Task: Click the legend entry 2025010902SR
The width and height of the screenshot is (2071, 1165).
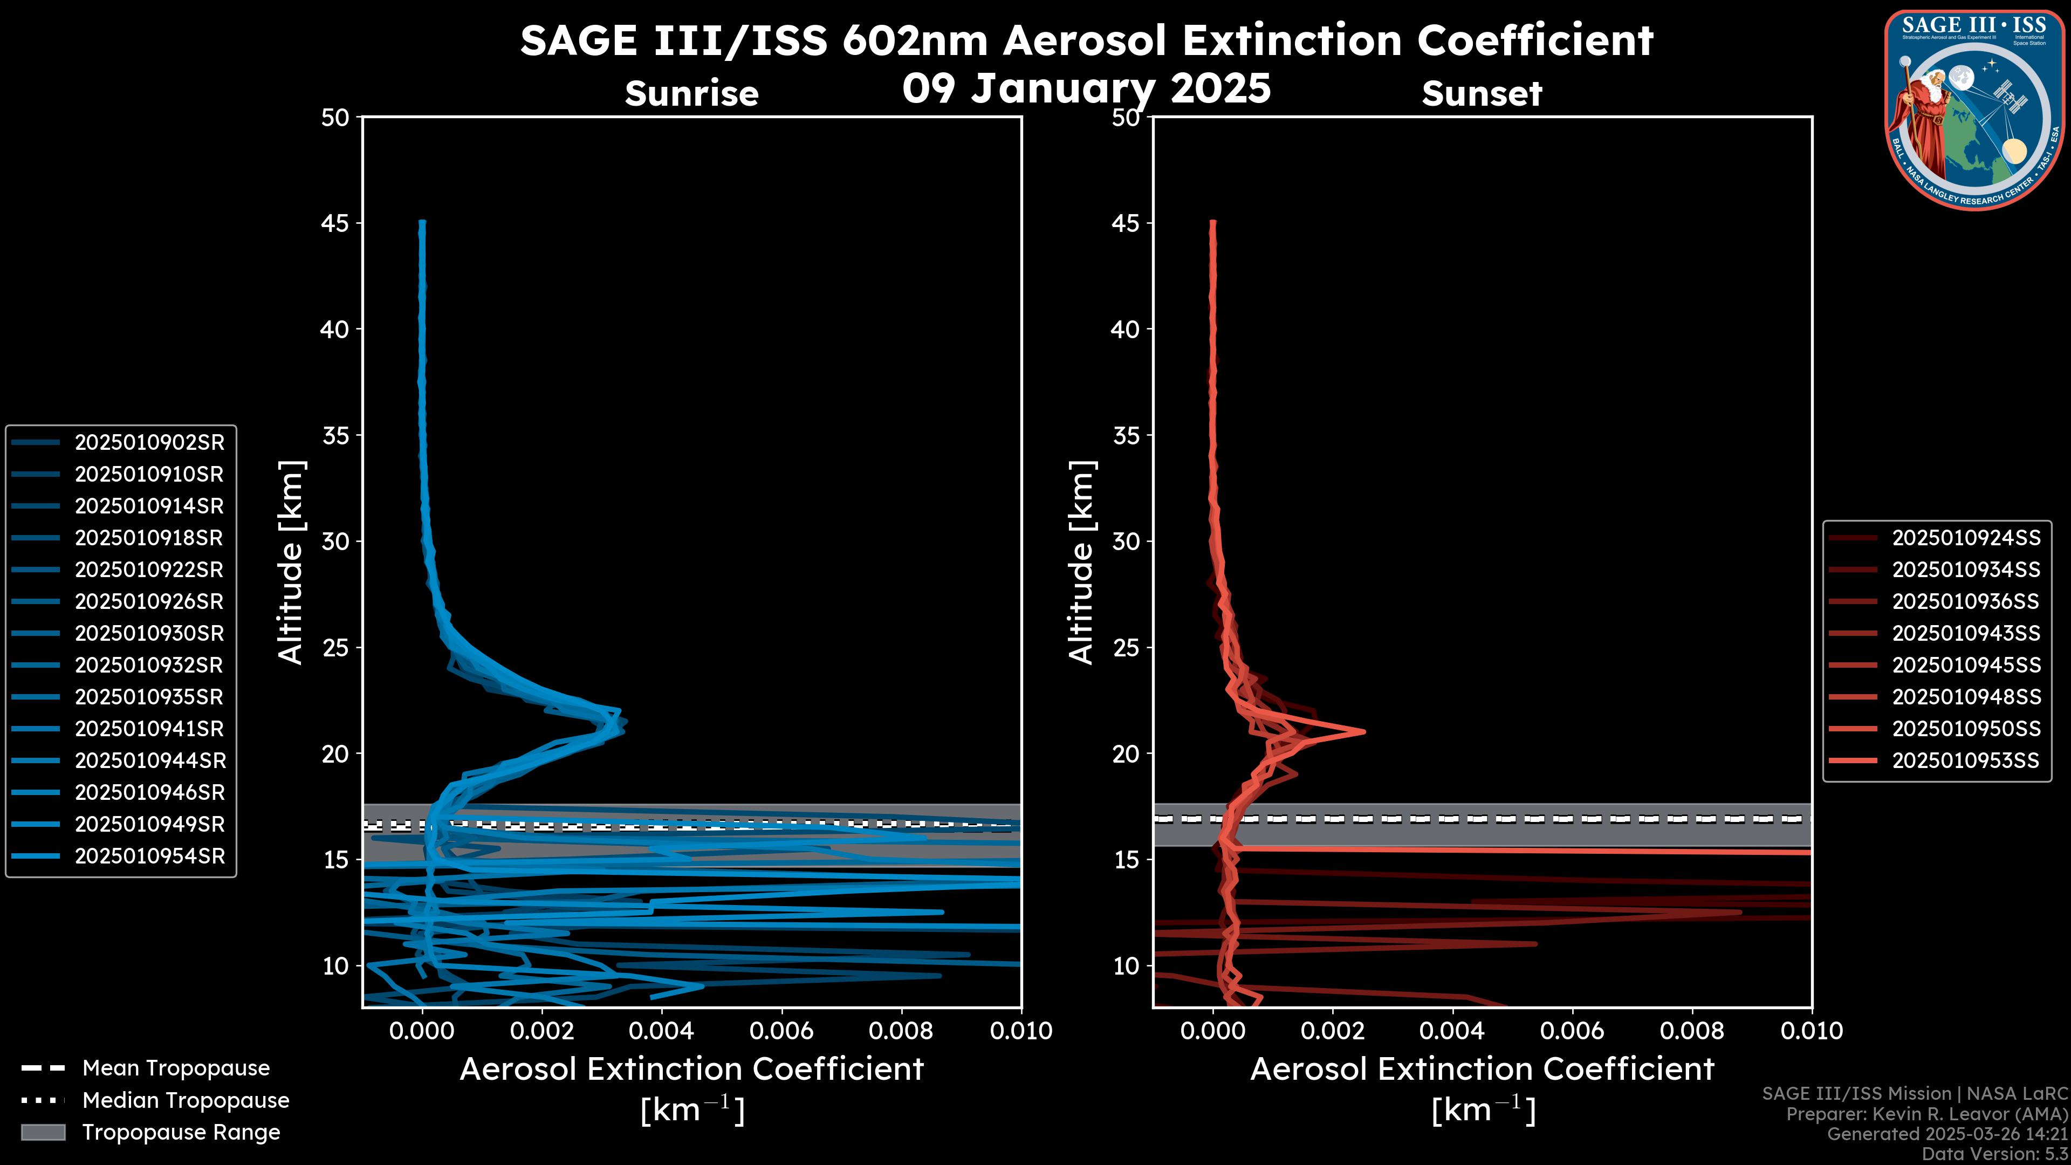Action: point(149,442)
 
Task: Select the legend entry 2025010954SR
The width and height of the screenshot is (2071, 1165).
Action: point(149,856)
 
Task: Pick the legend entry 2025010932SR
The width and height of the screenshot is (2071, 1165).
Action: point(149,665)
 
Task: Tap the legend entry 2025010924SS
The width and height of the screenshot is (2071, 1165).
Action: point(1966,538)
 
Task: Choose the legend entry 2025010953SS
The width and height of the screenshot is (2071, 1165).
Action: point(1966,760)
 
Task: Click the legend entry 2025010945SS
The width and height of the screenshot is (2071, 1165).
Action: point(1966,665)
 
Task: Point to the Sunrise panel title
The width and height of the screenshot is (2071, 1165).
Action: point(691,94)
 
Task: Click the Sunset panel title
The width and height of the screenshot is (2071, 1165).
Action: point(1482,94)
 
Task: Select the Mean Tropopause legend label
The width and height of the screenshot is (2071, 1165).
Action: point(176,1068)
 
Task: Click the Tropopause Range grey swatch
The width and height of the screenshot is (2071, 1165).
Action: point(43,1132)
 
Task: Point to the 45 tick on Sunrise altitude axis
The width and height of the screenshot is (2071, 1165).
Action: point(335,223)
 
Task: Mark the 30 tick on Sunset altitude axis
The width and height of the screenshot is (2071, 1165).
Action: point(1126,541)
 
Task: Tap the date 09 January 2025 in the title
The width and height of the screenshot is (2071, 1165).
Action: point(1086,88)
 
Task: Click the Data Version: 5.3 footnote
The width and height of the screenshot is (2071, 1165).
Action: point(1994,1154)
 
